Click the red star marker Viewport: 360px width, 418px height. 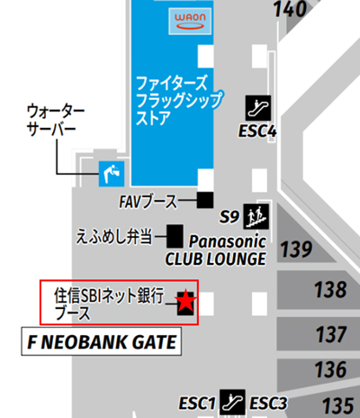(185, 302)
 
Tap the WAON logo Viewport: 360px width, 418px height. (189, 20)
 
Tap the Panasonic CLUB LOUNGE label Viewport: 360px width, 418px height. (216, 250)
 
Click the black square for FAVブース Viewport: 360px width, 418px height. (206, 199)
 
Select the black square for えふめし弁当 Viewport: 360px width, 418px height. (174, 236)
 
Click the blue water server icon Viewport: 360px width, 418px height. (111, 173)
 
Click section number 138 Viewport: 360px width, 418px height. (331, 290)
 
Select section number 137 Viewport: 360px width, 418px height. (331, 335)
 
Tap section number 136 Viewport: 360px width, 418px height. (331, 370)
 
